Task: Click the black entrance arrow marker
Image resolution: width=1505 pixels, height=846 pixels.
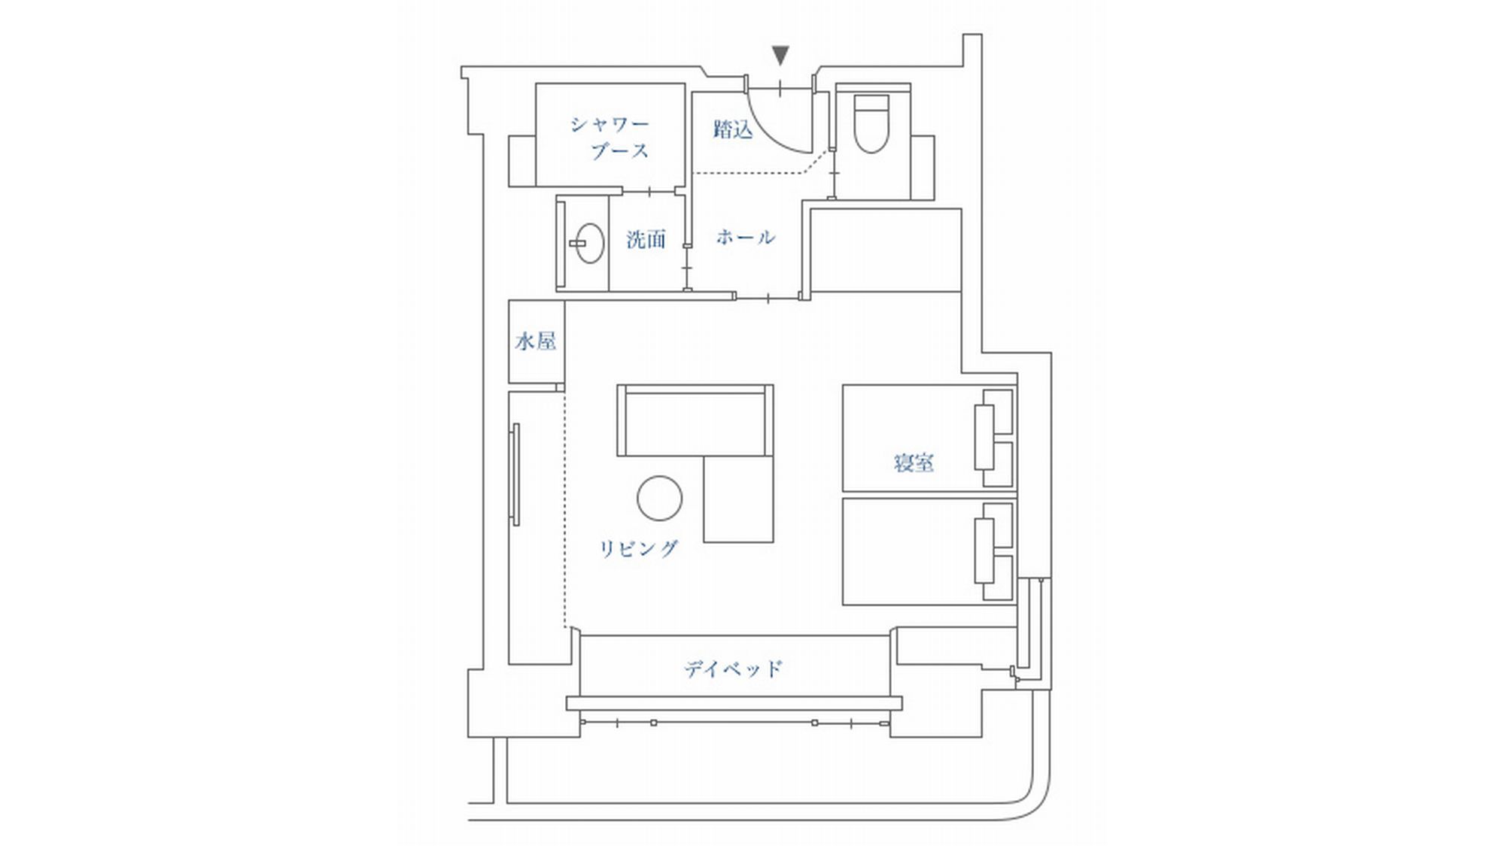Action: [780, 55]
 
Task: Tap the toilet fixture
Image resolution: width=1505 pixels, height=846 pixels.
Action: [871, 123]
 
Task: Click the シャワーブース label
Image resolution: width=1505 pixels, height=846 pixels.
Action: [610, 138]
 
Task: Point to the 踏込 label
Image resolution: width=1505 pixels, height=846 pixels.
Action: [732, 129]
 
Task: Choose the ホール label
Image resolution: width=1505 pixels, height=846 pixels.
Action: [745, 238]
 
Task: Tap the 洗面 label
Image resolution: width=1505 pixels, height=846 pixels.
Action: [646, 240]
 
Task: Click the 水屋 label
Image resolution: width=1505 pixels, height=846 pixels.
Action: [536, 341]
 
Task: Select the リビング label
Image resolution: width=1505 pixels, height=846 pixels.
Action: [638, 549]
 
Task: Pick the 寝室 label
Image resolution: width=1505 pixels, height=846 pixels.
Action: [914, 462]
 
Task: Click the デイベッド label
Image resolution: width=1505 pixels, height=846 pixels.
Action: [734, 669]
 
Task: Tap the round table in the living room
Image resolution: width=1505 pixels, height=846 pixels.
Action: [660, 498]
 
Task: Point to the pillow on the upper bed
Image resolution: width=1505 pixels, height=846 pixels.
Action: [984, 437]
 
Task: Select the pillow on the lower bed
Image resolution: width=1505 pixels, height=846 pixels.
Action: [984, 551]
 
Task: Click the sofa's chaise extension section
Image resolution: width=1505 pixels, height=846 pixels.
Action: [738, 499]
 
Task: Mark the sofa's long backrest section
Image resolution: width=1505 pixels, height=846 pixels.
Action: [695, 420]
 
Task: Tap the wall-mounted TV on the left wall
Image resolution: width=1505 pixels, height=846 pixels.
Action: [515, 475]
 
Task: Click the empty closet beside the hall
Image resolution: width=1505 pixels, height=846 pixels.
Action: [886, 250]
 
